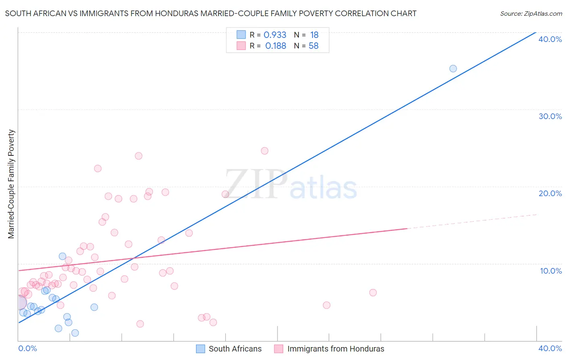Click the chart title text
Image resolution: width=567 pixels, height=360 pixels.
[x=211, y=13]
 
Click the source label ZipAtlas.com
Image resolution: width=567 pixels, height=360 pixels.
[x=531, y=13]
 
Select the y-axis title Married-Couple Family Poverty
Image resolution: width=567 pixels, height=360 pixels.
[x=11, y=184]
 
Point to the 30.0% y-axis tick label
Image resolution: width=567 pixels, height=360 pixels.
[x=550, y=116]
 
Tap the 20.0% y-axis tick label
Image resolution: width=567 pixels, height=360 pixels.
[x=550, y=193]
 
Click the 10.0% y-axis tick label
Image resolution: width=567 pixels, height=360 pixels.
[x=551, y=271]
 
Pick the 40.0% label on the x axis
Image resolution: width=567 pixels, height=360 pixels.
[x=550, y=348]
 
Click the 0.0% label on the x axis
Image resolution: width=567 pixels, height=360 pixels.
[x=28, y=348]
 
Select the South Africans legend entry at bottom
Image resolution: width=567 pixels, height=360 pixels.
[x=229, y=349]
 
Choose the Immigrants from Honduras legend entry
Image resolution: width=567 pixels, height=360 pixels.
[x=329, y=349]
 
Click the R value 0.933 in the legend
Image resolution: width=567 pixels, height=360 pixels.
[x=275, y=35]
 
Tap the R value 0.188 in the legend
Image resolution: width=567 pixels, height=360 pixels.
[x=276, y=46]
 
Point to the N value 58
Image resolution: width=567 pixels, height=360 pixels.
[x=313, y=46]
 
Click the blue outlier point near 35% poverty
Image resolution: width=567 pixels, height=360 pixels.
[x=453, y=69]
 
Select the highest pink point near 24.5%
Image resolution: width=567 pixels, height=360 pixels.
[x=265, y=151]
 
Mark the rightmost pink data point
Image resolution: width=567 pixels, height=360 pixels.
[x=373, y=293]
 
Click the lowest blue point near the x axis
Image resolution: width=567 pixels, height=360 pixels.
[x=75, y=333]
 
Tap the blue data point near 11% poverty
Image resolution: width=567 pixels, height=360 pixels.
[x=63, y=256]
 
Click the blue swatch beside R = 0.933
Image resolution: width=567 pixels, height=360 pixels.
[x=241, y=35]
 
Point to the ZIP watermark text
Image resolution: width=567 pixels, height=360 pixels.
[x=256, y=185]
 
